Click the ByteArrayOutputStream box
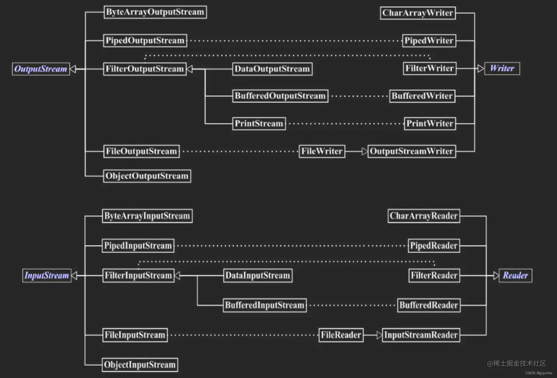tap(155, 12)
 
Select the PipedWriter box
tap(429, 41)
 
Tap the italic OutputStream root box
tap(41, 69)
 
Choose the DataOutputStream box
tap(272, 69)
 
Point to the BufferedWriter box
tap(422, 96)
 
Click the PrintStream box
tap(259, 123)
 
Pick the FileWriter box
tap(322, 151)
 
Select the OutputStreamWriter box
tap(411, 151)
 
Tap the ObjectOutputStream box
tap(147, 176)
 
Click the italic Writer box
tap(502, 69)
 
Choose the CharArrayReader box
tap(424, 216)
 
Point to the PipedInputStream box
tap(138, 246)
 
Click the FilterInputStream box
tap(138, 276)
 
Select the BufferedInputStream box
tap(265, 305)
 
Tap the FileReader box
tap(341, 335)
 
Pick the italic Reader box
tap(515, 276)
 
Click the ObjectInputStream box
tap(140, 365)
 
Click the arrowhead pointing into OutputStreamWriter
tap(364, 151)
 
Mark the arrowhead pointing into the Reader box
tap(496, 276)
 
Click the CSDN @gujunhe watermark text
tap(539, 373)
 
